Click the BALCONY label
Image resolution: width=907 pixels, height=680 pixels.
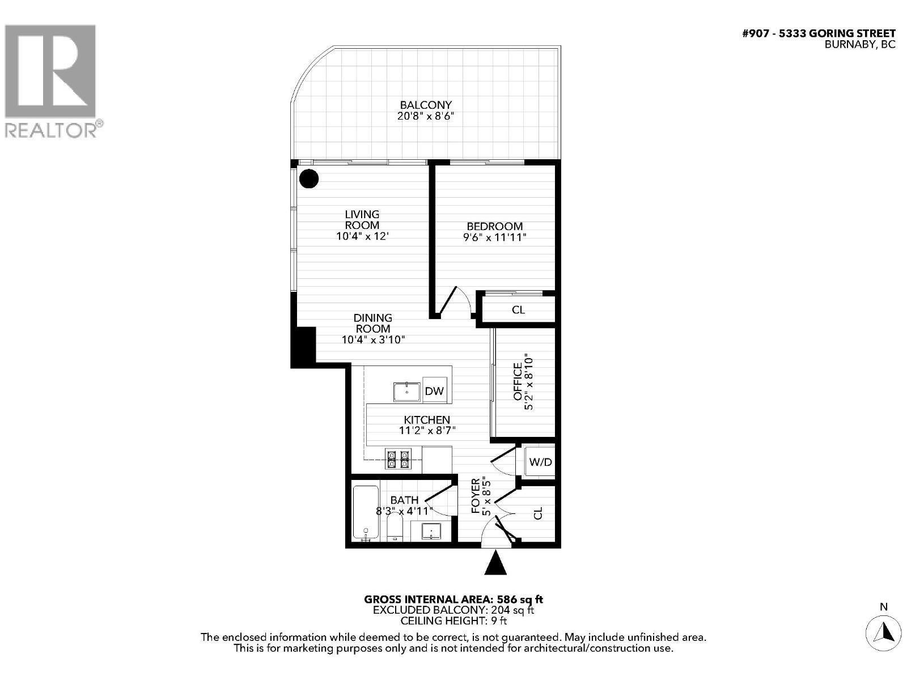click(426, 105)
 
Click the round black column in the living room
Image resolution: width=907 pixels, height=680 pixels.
click(309, 179)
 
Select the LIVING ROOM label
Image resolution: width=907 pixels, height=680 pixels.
click(362, 220)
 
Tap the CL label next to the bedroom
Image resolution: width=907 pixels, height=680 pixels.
click(518, 310)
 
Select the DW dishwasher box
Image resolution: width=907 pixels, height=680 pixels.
click(434, 391)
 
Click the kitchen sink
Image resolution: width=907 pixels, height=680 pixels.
click(406, 392)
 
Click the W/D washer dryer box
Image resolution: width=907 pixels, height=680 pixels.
click(540, 462)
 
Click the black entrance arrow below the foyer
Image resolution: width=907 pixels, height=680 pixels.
click(497, 563)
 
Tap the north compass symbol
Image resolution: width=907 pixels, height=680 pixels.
click(883, 631)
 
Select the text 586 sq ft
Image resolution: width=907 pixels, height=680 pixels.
click(520, 599)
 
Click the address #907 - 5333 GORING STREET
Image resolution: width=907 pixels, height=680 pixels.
click(819, 33)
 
